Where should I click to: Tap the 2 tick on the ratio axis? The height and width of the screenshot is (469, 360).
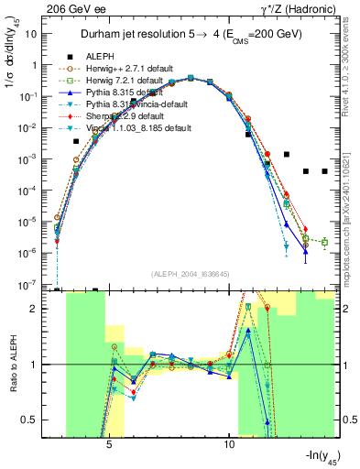pyautogui.click(x=40, y=309)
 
